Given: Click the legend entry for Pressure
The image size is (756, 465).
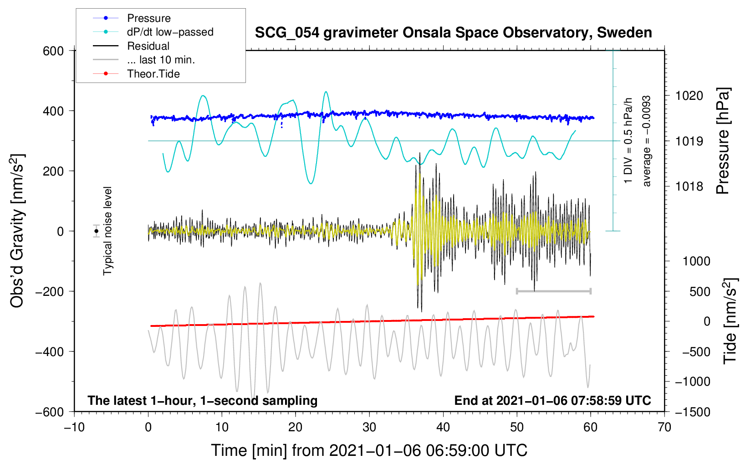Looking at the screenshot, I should tap(148, 18).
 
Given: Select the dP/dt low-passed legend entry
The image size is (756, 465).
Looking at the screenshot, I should tap(170, 32).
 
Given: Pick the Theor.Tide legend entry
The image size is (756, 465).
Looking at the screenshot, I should tap(153, 74).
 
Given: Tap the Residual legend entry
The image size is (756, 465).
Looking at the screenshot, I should tap(148, 46).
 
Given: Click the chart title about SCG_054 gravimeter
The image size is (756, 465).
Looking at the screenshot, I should tap(453, 33).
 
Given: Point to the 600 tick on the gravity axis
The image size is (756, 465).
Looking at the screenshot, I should tap(53, 51).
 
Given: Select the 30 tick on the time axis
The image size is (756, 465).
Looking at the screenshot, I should tap(369, 427).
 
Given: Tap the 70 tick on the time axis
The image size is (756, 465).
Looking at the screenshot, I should tap(664, 427).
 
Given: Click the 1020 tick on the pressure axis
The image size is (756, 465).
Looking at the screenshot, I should tap(689, 96).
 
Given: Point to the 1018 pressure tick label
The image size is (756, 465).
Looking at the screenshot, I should tap(689, 186).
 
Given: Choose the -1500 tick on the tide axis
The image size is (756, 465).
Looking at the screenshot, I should tap(693, 412).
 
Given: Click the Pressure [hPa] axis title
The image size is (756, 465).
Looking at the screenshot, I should tap(723, 141).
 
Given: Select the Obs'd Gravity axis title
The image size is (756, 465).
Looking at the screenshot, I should tap(17, 231).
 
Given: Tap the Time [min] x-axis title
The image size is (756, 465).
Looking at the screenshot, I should tap(369, 450).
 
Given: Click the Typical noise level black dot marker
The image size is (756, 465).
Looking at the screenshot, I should tap(97, 231).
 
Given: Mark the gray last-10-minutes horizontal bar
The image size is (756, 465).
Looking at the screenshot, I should tap(553, 291).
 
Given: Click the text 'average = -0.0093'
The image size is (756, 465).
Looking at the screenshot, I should tap(647, 141).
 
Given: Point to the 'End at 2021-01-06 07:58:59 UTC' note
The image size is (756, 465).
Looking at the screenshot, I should tap(552, 400).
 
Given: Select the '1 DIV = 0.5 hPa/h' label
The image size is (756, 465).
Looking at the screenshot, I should tap(628, 141).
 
